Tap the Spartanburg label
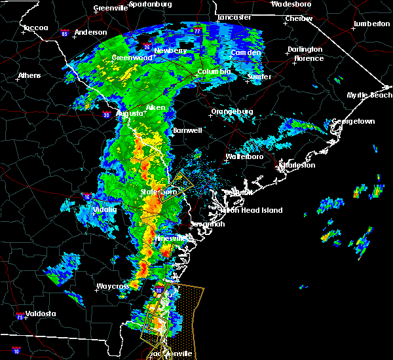tap(150, 4)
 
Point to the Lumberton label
tap(371, 24)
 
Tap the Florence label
tap(309, 58)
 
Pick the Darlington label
tap(305, 49)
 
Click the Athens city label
tap(29, 75)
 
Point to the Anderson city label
tap(90, 32)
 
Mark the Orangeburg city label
tap(232, 112)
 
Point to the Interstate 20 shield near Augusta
tap(107, 115)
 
